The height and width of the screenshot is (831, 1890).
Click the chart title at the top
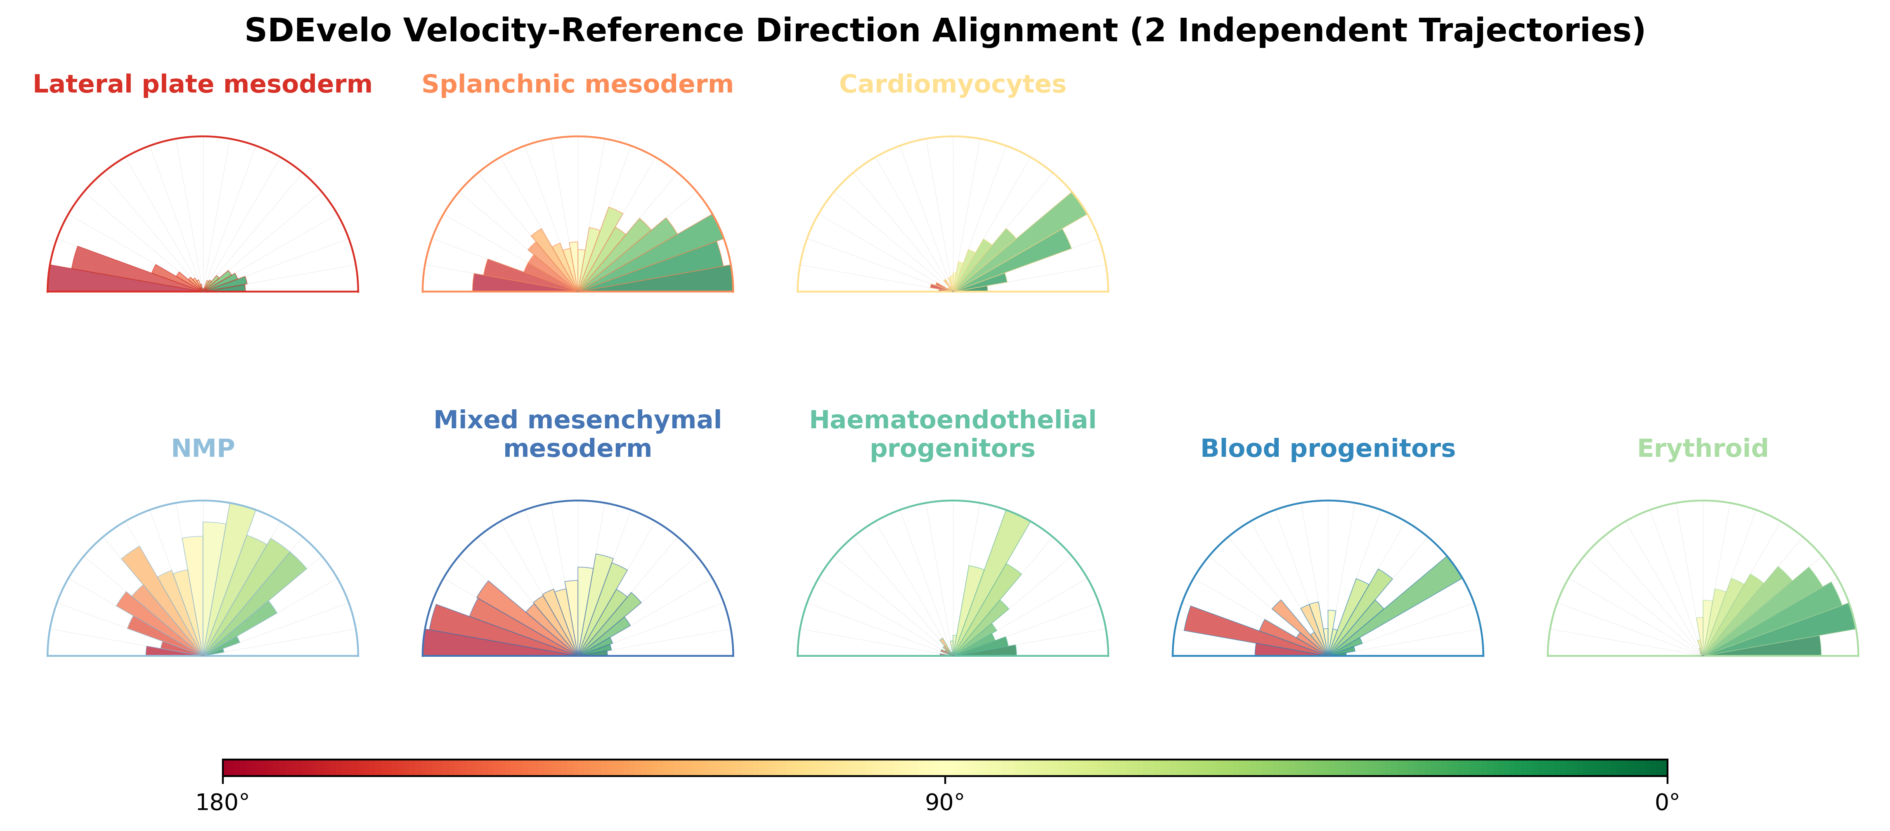coord(945,31)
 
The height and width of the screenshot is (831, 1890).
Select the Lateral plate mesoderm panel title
coord(203,84)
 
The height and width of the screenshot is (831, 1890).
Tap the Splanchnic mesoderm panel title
coord(577,84)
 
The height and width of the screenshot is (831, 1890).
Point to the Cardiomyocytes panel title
coord(952,84)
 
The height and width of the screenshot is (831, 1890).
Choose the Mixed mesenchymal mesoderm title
coord(577,434)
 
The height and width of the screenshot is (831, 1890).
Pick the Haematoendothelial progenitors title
coord(952,434)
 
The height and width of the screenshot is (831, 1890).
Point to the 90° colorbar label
coord(945,803)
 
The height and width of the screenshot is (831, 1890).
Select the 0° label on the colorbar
coord(1668,803)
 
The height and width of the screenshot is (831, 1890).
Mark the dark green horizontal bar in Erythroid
coord(1776,647)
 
